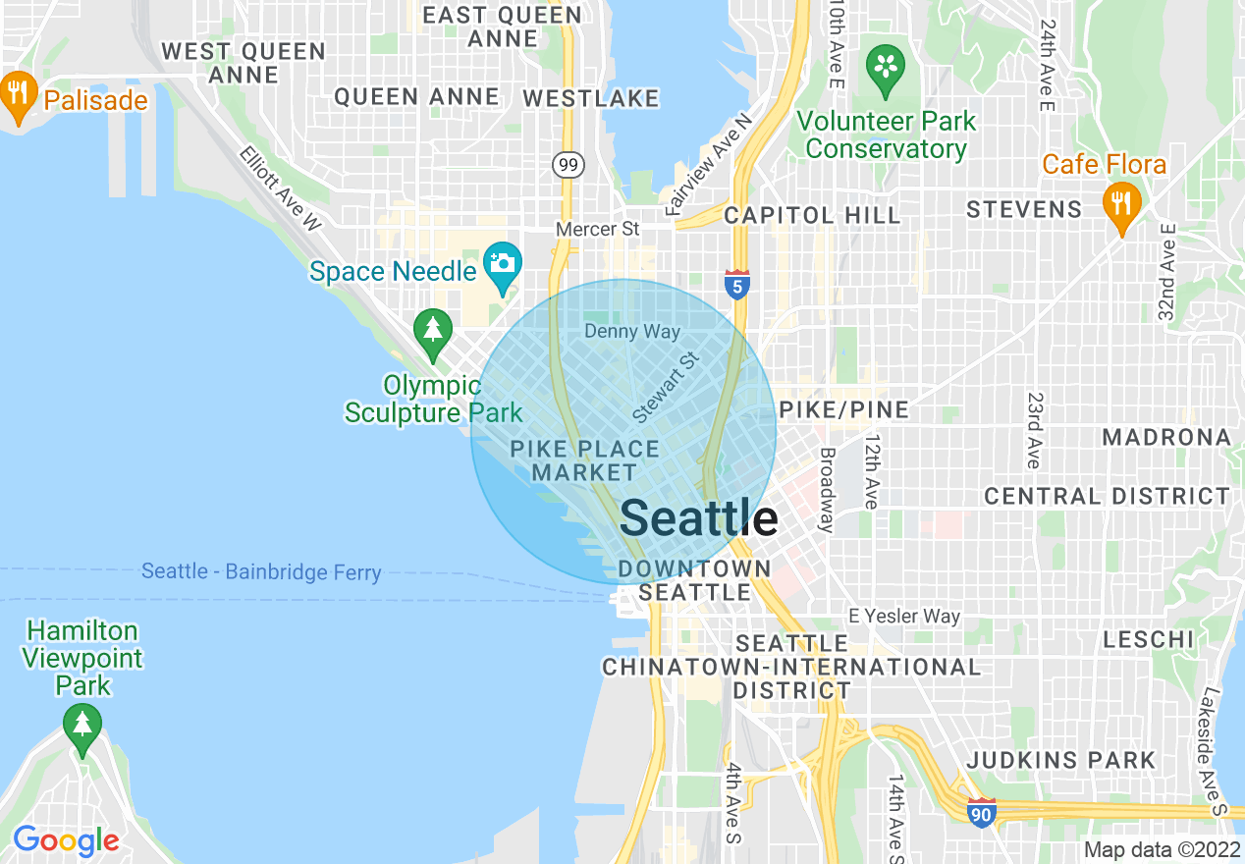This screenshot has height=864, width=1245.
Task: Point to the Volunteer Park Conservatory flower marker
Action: [886, 68]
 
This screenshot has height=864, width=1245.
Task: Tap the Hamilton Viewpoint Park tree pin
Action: [82, 728]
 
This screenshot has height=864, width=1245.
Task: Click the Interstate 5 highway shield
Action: [737, 285]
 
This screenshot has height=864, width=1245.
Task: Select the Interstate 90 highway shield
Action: [981, 812]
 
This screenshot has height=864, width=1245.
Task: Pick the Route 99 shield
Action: [567, 164]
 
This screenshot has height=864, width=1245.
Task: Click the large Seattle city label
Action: [699, 517]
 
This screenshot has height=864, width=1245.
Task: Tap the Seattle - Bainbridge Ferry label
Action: [261, 571]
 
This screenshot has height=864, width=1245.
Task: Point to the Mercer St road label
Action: [597, 229]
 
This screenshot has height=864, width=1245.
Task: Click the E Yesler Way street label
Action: [904, 616]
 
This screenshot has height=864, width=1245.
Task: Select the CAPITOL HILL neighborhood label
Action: [812, 215]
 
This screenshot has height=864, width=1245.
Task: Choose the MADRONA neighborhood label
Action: [1165, 437]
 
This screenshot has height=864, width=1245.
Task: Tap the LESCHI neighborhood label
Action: [1148, 640]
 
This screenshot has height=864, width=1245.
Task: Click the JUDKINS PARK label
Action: [1061, 760]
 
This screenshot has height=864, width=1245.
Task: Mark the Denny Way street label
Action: [631, 331]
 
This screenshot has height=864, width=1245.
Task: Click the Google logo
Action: [66, 840]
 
